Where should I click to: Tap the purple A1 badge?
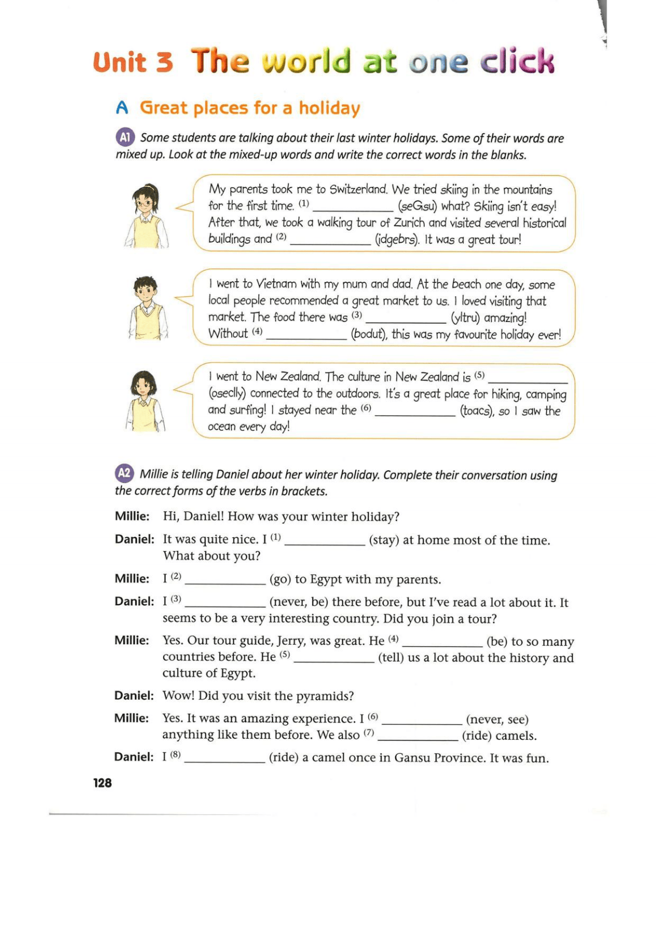[x=125, y=137]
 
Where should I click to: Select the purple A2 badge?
[x=124, y=473]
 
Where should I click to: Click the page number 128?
[x=102, y=783]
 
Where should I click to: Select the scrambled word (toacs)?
[x=477, y=411]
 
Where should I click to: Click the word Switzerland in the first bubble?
[x=358, y=189]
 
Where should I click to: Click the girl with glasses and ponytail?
[x=146, y=216]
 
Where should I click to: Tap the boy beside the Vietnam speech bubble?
[x=147, y=308]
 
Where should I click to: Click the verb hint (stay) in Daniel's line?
[x=384, y=540]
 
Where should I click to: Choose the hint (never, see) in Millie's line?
[x=497, y=719]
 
